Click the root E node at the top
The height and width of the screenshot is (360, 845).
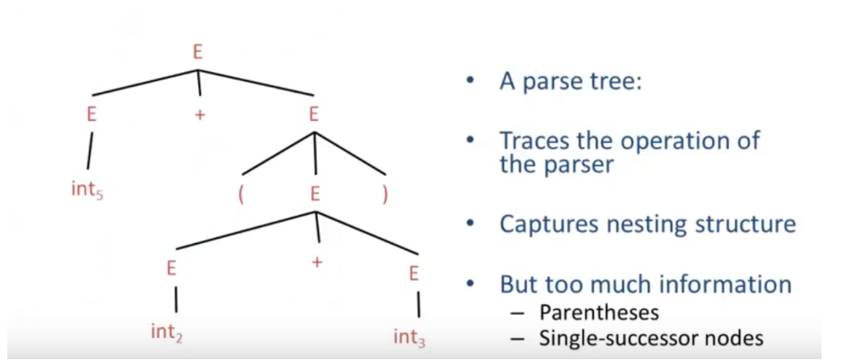pyautogui.click(x=198, y=52)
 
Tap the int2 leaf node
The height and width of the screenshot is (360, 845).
pyautogui.click(x=167, y=332)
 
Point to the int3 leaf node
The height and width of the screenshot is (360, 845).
pyautogui.click(x=410, y=338)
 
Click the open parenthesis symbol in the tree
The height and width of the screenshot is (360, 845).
pyautogui.click(x=241, y=195)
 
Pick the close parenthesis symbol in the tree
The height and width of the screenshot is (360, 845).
pyautogui.click(x=384, y=195)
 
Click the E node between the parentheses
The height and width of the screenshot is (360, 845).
pyautogui.click(x=315, y=195)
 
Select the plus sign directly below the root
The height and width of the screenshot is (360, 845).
pyautogui.click(x=200, y=115)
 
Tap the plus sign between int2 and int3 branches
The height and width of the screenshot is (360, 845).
pyautogui.click(x=317, y=262)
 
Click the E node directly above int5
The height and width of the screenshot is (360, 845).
pyautogui.click(x=92, y=115)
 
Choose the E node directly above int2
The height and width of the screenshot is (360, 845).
pyautogui.click(x=171, y=268)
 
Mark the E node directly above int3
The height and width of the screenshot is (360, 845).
pyautogui.click(x=414, y=274)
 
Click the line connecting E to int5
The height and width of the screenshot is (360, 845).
pyautogui.click(x=89, y=151)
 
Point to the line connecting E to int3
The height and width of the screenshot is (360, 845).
pyautogui.click(x=418, y=305)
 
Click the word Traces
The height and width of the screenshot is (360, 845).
pyautogui.click(x=533, y=141)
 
